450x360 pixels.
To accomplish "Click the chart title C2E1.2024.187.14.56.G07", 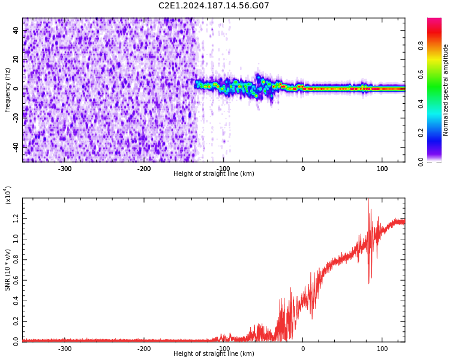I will tap(214, 6).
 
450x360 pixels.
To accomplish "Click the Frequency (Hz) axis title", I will tap(8, 90).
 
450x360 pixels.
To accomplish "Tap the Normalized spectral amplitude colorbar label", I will tap(446, 90).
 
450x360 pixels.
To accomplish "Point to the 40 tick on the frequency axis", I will tap(16, 31).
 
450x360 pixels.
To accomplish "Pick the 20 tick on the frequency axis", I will tap(16, 59).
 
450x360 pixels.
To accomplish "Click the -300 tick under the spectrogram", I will tap(65, 169).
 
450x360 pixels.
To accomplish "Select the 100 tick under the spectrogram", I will tap(382, 169).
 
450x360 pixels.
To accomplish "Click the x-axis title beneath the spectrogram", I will tap(214, 174).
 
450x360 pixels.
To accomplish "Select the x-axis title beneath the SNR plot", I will tap(214, 354).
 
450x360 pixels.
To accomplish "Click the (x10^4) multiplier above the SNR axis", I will tap(8, 195).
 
